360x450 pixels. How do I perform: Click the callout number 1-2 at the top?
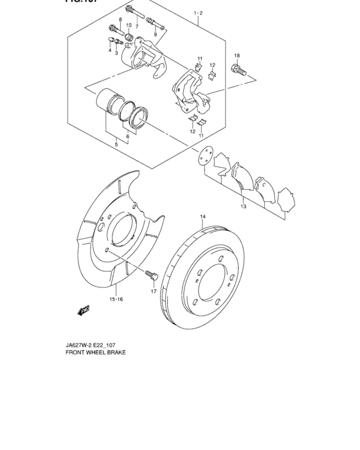197,13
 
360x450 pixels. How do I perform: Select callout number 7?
136,26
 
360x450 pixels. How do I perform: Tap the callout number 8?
120,21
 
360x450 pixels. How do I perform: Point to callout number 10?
128,26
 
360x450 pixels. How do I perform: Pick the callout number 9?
155,34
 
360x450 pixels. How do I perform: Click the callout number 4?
110,50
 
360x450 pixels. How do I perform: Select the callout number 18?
237,56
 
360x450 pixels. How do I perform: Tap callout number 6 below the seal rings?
128,136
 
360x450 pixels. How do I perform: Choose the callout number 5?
116,145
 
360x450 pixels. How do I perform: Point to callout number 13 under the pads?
243,207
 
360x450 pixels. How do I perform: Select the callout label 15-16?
116,299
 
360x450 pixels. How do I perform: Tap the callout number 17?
154,291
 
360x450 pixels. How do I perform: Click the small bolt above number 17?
152,276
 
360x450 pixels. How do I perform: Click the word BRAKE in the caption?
115,353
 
